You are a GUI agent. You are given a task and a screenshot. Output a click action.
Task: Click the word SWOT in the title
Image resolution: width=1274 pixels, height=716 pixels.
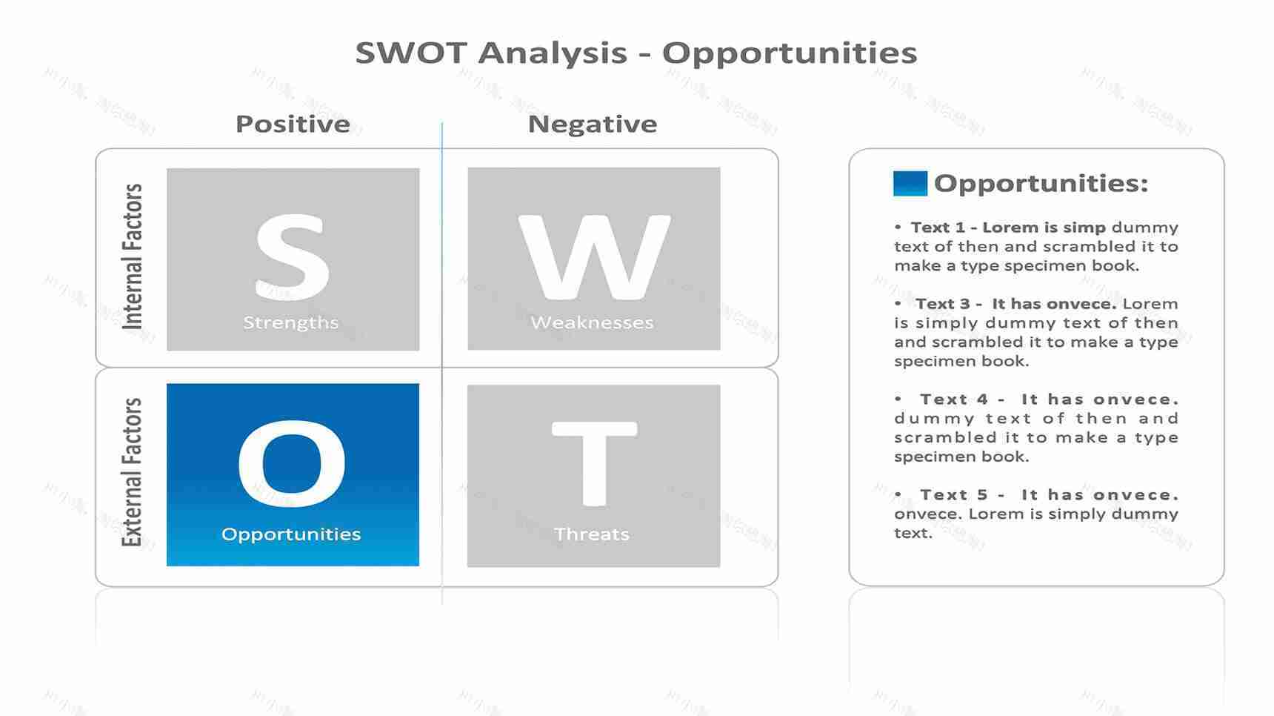411,53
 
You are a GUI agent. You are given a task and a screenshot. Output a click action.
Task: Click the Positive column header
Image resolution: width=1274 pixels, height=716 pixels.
293,124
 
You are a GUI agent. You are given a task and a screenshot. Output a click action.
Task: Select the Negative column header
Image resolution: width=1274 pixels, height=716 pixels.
592,124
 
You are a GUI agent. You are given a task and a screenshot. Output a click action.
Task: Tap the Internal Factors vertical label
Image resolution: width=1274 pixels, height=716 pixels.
132,256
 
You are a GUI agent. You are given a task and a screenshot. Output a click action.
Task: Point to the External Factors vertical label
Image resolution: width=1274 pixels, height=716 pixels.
132,472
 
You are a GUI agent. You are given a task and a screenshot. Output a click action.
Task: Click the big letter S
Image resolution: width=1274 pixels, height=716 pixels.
292,256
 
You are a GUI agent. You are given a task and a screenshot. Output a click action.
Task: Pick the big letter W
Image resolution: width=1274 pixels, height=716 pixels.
593,256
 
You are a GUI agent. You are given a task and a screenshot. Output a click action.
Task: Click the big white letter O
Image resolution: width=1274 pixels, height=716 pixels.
292,463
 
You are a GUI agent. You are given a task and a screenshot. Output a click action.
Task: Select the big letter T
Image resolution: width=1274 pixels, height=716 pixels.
593,463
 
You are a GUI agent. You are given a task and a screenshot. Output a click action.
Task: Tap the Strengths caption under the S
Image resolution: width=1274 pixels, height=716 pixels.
290,322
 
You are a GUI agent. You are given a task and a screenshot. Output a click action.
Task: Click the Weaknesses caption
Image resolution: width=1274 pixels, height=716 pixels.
592,322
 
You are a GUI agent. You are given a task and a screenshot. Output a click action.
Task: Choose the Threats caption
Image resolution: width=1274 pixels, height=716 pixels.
591,534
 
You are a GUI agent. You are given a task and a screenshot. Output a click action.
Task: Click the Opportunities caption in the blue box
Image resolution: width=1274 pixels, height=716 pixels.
291,534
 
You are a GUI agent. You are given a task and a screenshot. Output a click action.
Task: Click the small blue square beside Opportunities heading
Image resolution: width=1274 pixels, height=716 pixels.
910,183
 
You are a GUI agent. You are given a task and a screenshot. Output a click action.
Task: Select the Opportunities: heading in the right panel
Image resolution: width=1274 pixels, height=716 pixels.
1041,183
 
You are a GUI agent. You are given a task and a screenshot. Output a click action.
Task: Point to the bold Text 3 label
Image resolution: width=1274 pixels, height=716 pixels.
941,304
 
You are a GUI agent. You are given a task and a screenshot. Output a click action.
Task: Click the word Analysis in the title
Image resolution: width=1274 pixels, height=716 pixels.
553,53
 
